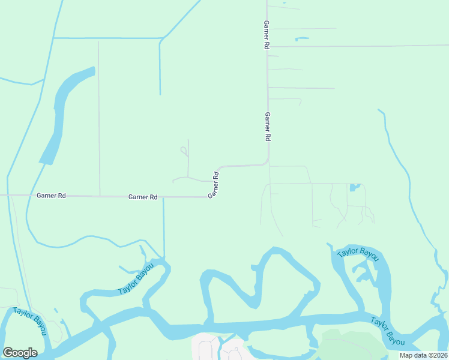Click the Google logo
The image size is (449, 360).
pyautogui.click(x=20, y=353)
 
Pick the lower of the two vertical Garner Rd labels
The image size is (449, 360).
pyautogui.click(x=268, y=127)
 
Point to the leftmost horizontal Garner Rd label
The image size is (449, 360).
pyautogui.click(x=51, y=195)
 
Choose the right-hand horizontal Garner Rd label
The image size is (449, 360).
pyautogui.click(x=143, y=197)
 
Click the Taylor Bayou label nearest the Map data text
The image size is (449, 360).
pyautogui.click(x=387, y=331)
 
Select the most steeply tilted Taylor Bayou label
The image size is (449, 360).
pyautogui.click(x=136, y=278)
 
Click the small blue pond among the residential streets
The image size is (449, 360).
pyautogui.click(x=354, y=187)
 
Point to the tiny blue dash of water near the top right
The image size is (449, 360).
pyautogui.click(x=302, y=40)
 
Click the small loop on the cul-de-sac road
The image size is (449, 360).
pyautogui.click(x=184, y=150)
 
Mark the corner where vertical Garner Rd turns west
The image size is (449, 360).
pyautogui.click(x=267, y=163)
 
